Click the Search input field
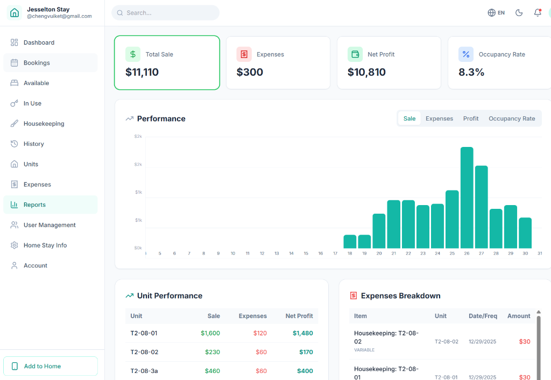point(167,13)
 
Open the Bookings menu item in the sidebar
point(37,63)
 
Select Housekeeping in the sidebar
point(44,124)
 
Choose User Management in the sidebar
point(50,225)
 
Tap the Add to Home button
point(51,366)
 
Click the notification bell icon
point(537,13)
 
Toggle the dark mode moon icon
point(519,13)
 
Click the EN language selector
point(496,13)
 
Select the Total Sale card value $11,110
point(142,72)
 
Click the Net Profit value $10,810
point(366,72)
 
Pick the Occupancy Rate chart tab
point(511,118)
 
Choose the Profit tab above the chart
point(470,118)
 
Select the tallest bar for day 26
point(467,197)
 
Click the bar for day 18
point(350,242)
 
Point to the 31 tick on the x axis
point(540,253)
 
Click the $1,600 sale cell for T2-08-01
point(210,333)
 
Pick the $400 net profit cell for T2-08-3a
point(305,371)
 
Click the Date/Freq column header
point(483,316)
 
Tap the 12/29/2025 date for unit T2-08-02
point(483,342)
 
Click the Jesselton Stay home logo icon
point(15,12)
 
